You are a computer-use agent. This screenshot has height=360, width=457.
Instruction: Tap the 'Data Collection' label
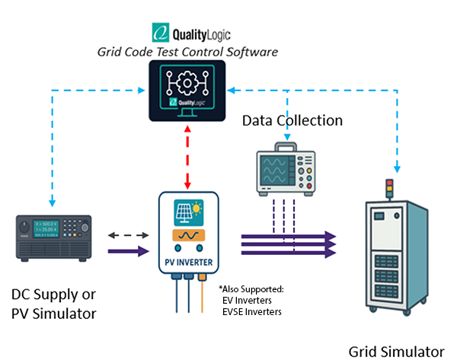(x=292, y=120)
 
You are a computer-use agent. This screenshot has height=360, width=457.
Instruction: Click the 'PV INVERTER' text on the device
(x=187, y=266)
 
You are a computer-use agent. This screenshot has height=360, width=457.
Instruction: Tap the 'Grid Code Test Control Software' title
(x=187, y=52)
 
